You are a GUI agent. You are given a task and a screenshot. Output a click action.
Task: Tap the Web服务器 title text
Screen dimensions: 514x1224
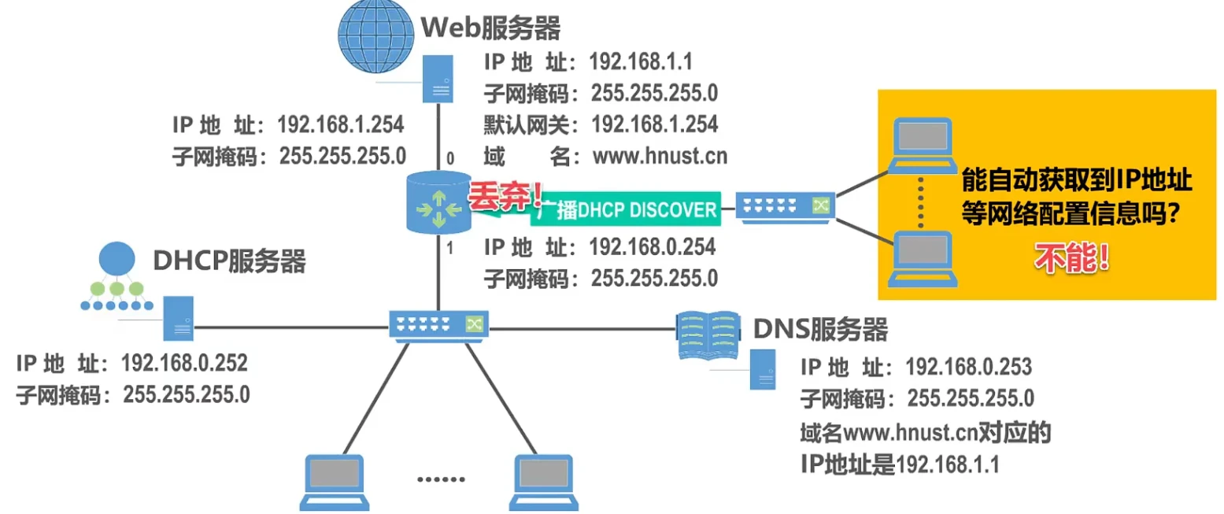(x=491, y=28)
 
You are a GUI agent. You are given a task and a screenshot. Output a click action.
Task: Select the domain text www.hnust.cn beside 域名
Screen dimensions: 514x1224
(x=660, y=156)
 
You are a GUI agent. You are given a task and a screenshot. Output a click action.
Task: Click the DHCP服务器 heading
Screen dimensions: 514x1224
(x=228, y=261)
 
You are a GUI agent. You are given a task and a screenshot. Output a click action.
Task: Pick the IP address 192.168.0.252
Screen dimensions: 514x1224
(x=184, y=363)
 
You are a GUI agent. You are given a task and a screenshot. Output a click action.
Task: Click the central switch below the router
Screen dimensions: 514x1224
(x=438, y=324)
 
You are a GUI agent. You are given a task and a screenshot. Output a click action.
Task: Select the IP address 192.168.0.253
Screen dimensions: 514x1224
(x=968, y=366)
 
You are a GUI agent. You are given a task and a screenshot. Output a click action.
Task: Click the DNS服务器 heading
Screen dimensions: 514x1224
(x=820, y=329)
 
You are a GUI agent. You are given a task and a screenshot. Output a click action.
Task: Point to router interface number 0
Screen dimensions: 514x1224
(x=450, y=159)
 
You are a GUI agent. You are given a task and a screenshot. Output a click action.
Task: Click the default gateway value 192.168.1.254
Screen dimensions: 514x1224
(x=654, y=124)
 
